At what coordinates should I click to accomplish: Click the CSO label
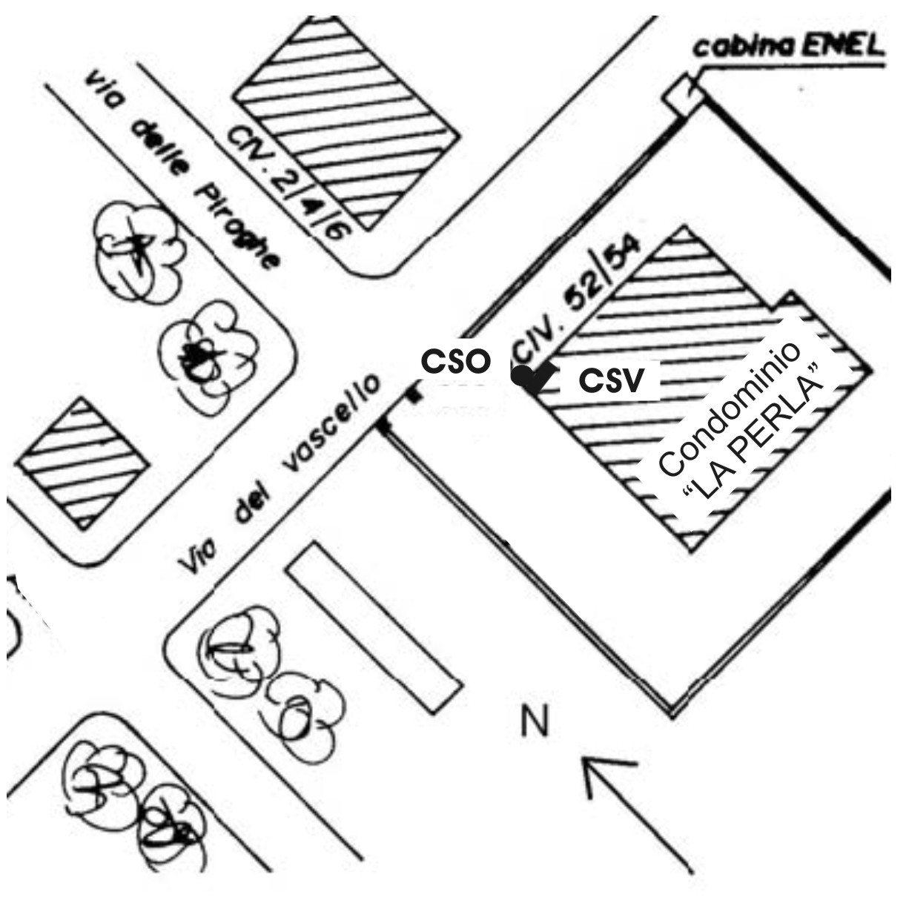(455, 363)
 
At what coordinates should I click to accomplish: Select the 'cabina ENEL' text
(789, 48)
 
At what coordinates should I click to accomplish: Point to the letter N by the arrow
(535, 722)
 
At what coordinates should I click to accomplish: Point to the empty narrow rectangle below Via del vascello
(372, 626)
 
